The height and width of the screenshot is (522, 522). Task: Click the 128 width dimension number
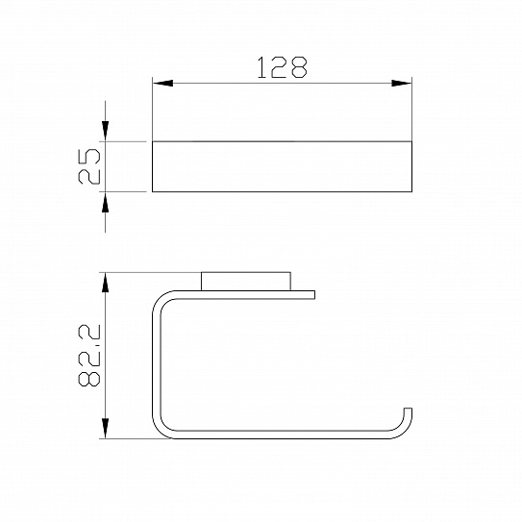[283, 67]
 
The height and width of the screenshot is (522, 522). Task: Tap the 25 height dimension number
[89, 166]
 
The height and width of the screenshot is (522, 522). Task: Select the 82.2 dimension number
[89, 356]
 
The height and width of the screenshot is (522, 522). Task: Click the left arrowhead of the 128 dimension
[162, 84]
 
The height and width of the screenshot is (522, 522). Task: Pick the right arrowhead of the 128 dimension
[402, 84]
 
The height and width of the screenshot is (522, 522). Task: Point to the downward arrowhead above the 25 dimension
[105, 131]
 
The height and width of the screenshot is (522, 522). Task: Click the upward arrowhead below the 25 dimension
[105, 202]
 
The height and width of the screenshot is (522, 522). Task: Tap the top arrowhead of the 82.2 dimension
[105, 283]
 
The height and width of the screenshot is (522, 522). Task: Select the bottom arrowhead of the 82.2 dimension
[105, 429]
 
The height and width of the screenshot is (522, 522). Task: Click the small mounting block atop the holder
[246, 282]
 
